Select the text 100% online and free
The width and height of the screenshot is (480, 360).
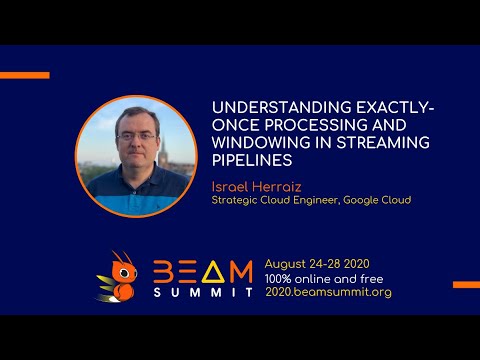pyautogui.click(x=322, y=275)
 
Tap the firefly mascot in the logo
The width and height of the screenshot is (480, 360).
pyautogui.click(x=118, y=275)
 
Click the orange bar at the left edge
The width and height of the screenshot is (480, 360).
pyautogui.click(x=24, y=75)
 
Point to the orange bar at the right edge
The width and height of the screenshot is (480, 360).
pyautogui.click(x=465, y=285)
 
